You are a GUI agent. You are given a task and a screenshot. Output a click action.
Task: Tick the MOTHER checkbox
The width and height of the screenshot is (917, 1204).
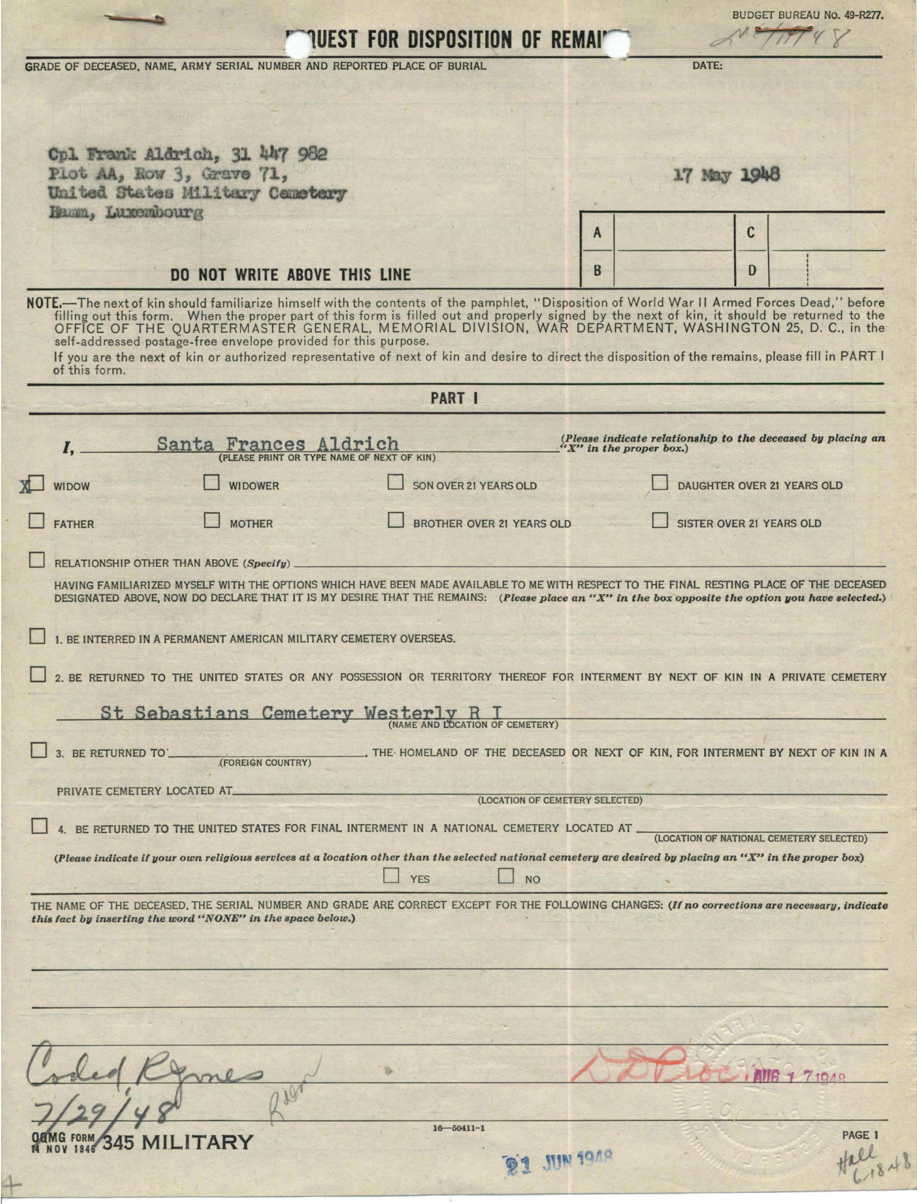pyautogui.click(x=212, y=521)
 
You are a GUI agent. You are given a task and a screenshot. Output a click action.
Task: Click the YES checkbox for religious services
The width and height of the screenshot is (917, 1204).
pyautogui.click(x=391, y=876)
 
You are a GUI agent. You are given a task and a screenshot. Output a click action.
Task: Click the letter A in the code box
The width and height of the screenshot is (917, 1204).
pyautogui.click(x=598, y=233)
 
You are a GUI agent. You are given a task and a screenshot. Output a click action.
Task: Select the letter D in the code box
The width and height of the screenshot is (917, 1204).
pyautogui.click(x=752, y=270)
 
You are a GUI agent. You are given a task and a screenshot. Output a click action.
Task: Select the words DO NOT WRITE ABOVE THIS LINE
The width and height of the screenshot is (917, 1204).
pyautogui.click(x=290, y=274)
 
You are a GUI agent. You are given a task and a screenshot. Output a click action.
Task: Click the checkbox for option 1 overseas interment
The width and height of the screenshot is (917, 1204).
pyautogui.click(x=37, y=636)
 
